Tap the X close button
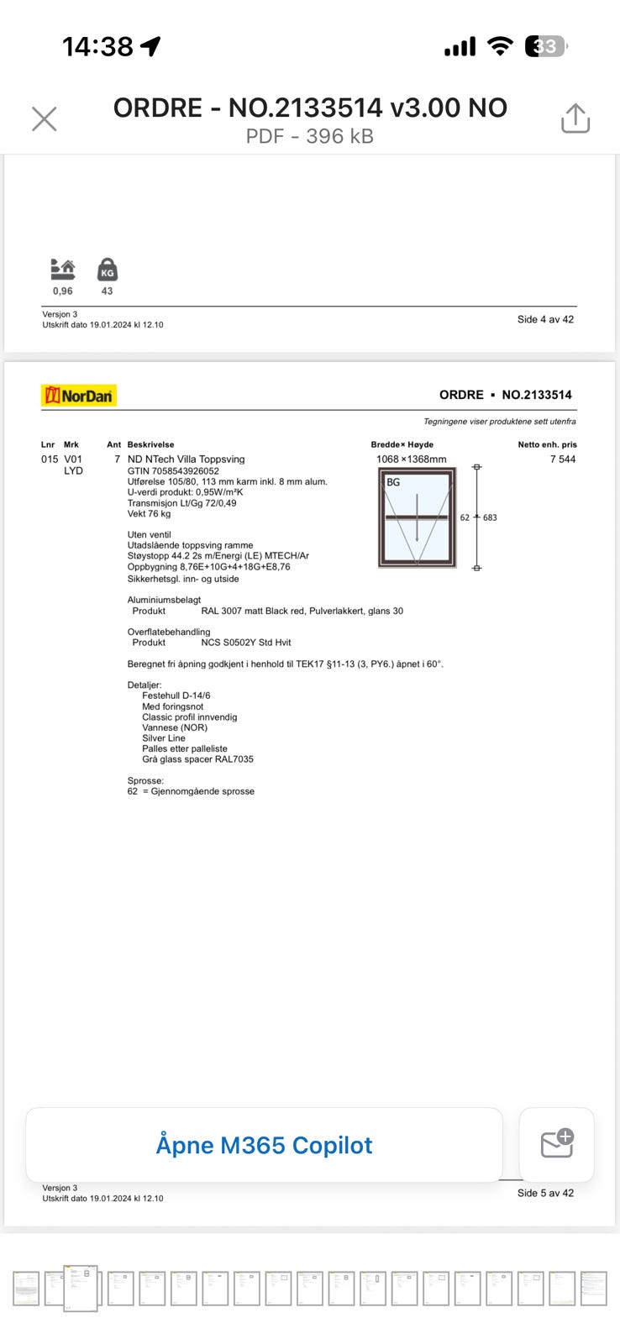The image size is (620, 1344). point(44,119)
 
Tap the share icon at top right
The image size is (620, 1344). point(575,118)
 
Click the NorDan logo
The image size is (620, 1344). point(79,396)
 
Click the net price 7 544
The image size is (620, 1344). point(563,459)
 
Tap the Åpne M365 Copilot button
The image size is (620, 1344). point(264,1145)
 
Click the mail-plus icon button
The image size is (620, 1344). point(556,1144)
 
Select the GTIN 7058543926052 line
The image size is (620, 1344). point(173,471)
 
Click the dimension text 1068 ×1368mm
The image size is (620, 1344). point(412,459)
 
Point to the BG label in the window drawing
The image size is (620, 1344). point(393,482)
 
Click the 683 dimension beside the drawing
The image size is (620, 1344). point(490,517)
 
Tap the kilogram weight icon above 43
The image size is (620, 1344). point(108,270)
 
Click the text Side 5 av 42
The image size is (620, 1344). point(545,1193)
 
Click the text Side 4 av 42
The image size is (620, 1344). point(545,319)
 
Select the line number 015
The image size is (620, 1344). point(50,459)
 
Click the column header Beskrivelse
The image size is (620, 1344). point(151,444)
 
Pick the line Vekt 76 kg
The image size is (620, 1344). point(149,514)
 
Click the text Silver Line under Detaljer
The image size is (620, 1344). point(164,738)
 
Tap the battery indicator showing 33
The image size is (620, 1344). point(545,47)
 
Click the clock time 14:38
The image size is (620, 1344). point(97,47)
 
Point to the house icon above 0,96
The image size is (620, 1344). point(63,270)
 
